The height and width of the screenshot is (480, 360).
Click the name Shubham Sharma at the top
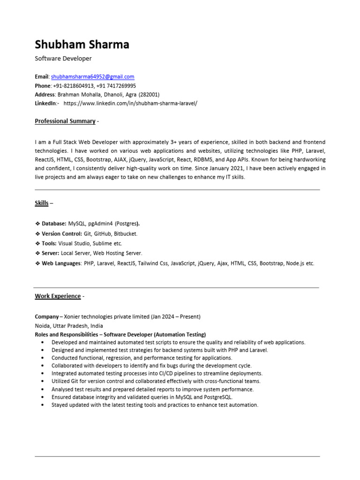[82, 45]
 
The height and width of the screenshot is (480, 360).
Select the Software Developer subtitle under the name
[63, 59]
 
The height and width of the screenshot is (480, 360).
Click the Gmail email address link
[93, 77]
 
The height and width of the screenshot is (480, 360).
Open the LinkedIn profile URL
[130, 103]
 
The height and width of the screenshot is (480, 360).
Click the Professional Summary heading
[65, 121]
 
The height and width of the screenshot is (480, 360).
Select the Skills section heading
[42, 203]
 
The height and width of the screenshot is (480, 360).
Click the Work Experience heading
[58, 296]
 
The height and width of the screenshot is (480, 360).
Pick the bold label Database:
[54, 224]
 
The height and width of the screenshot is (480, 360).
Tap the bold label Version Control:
[61, 233]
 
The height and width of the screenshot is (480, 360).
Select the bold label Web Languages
[61, 263]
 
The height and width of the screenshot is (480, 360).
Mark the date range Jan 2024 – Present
[176, 317]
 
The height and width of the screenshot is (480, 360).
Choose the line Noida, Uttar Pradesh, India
[69, 326]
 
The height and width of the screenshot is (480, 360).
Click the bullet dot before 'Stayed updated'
[43, 405]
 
